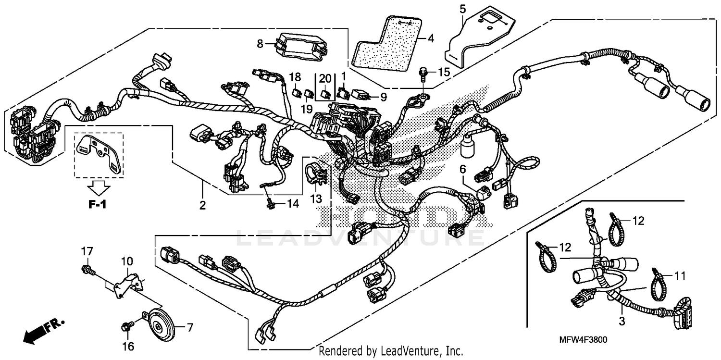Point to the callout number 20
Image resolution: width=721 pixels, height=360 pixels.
coord(325,79)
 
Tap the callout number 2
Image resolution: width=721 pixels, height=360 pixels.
coord(202,205)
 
